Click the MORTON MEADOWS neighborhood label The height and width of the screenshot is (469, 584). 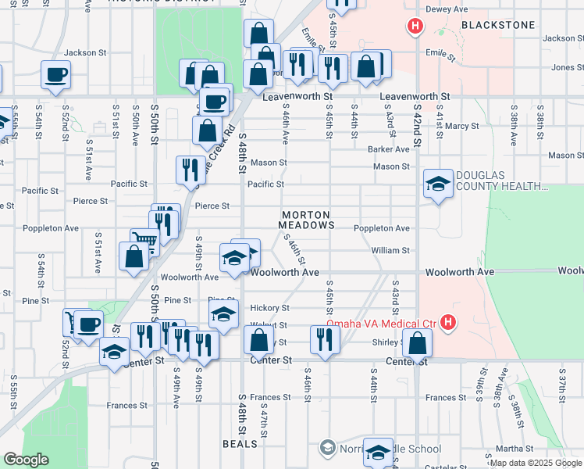tap(307, 220)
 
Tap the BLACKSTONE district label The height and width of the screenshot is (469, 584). tap(498, 25)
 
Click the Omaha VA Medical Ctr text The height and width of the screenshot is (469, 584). tap(381, 323)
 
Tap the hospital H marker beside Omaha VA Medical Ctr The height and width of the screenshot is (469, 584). tap(447, 322)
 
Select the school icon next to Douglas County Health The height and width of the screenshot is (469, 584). tap(438, 185)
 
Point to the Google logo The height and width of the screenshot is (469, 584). tap(26, 460)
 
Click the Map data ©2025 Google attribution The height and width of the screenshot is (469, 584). tap(534, 463)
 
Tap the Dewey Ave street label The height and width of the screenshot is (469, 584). tap(446, 10)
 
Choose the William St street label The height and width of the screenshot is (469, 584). tap(390, 250)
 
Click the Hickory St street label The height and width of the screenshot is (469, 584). tap(269, 308)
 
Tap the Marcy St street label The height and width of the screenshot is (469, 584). tap(462, 125)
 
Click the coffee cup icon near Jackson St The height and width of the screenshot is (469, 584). tap(56, 76)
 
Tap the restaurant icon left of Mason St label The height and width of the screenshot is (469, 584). tap(191, 170)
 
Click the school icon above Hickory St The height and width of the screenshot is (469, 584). tap(224, 316)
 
